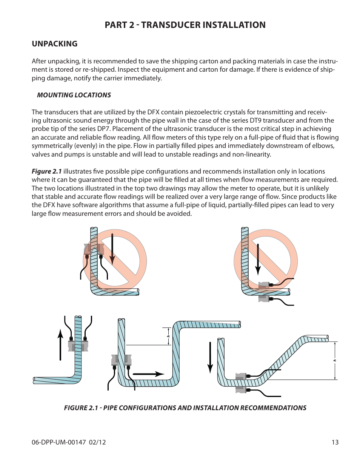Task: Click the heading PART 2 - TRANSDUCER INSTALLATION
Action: pyautogui.click(x=185, y=25)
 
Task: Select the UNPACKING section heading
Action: pyautogui.click(x=55, y=44)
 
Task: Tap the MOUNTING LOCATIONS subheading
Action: pyautogui.click(x=74, y=95)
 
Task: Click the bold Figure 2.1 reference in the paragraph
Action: pyautogui.click(x=47, y=171)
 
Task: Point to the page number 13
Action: pyautogui.click(x=335, y=442)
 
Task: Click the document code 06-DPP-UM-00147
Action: pyautogui.click(x=59, y=442)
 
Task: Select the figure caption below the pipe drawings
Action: pyautogui.click(x=185, y=408)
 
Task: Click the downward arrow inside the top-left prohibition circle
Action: pyautogui.click(x=112, y=249)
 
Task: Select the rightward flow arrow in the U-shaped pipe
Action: pyautogui.click(x=148, y=374)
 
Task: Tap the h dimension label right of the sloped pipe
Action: pyautogui.click(x=335, y=360)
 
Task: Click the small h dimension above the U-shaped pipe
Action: pyautogui.click(x=168, y=336)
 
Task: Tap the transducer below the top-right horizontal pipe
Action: pyautogui.click(x=264, y=299)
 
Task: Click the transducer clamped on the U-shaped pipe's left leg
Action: pyautogui.click(x=122, y=360)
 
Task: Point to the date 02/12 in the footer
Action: pyautogui.click(x=97, y=442)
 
